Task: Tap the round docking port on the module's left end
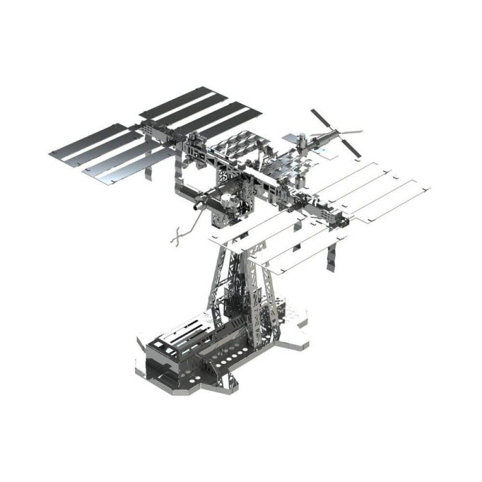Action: point(196,206)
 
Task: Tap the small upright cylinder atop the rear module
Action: point(302,139)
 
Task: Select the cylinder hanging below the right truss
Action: point(299,182)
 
